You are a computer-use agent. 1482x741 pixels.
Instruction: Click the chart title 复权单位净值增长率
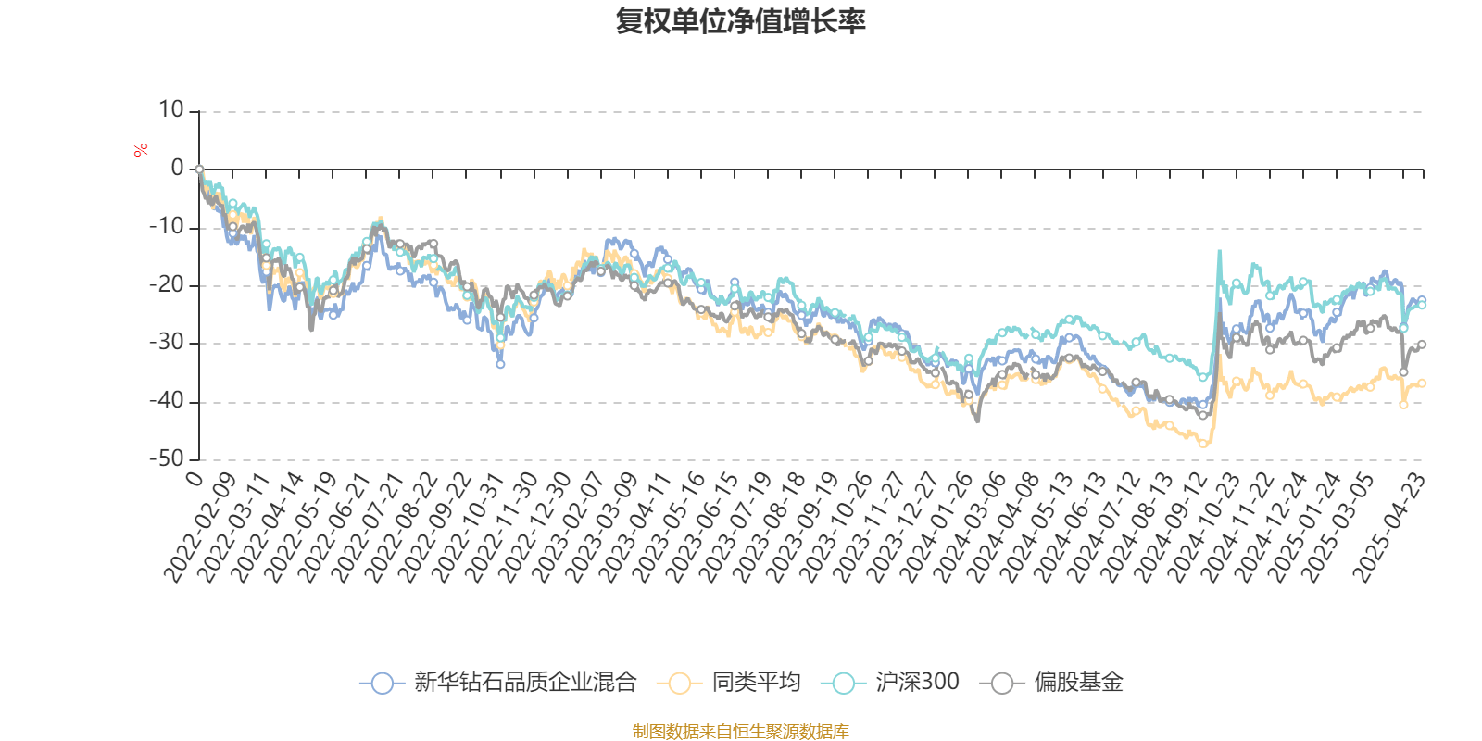pyautogui.click(x=740, y=22)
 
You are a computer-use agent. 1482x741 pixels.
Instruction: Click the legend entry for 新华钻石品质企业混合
pyautogui.click(x=500, y=684)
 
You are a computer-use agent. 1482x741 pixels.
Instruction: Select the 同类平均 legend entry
pyautogui.click(x=729, y=684)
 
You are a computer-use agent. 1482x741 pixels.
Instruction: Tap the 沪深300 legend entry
pyautogui.click(x=891, y=684)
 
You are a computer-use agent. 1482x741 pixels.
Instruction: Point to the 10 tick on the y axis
pyautogui.click(x=171, y=110)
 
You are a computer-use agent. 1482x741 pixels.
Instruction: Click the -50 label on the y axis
pyautogui.click(x=167, y=458)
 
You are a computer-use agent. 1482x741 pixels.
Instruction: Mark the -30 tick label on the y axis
pyautogui.click(x=167, y=343)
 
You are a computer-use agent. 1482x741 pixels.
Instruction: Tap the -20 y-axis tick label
pyautogui.click(x=167, y=285)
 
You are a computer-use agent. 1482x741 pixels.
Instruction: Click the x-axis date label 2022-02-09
pyautogui.click(x=201, y=528)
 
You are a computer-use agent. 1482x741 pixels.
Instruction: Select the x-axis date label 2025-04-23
pyautogui.click(x=1390, y=528)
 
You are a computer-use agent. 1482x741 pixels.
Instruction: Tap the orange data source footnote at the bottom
pyautogui.click(x=740, y=732)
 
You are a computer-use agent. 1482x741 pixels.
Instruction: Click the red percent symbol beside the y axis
pyautogui.click(x=141, y=150)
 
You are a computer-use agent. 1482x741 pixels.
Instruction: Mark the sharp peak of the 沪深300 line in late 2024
pyautogui.click(x=1219, y=250)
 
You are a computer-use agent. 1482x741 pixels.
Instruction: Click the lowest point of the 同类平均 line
pyautogui.click(x=1203, y=444)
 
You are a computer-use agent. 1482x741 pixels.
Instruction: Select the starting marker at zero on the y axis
pyautogui.click(x=199, y=170)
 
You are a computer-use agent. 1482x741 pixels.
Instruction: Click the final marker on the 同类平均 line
pyautogui.click(x=1422, y=383)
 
